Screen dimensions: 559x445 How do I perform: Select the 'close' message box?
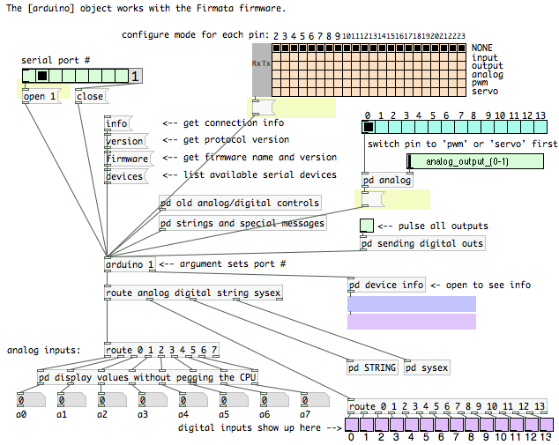point(92,96)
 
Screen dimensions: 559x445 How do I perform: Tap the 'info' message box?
point(118,123)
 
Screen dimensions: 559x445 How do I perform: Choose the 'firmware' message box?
point(129,159)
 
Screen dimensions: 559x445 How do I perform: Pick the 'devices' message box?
point(126,176)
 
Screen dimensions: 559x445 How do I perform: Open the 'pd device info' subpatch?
point(386,285)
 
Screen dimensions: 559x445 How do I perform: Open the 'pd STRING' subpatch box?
point(372,367)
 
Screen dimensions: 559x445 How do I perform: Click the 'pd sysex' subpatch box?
point(427,367)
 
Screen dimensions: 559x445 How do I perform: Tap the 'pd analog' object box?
point(387,181)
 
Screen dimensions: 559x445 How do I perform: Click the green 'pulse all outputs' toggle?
point(367,226)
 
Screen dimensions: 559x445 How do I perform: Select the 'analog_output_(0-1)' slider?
point(475,161)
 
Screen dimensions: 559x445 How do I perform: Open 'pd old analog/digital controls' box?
point(240,203)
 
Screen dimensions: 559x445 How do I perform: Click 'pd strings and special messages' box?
point(242,224)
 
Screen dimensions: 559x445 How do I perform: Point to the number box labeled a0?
point(31,400)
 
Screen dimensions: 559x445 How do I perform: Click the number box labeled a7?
point(315,400)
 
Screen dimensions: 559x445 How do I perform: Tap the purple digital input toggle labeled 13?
point(546,425)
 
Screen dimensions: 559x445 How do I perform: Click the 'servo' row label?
point(485,92)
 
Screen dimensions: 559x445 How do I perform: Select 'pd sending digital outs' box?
point(422,244)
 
